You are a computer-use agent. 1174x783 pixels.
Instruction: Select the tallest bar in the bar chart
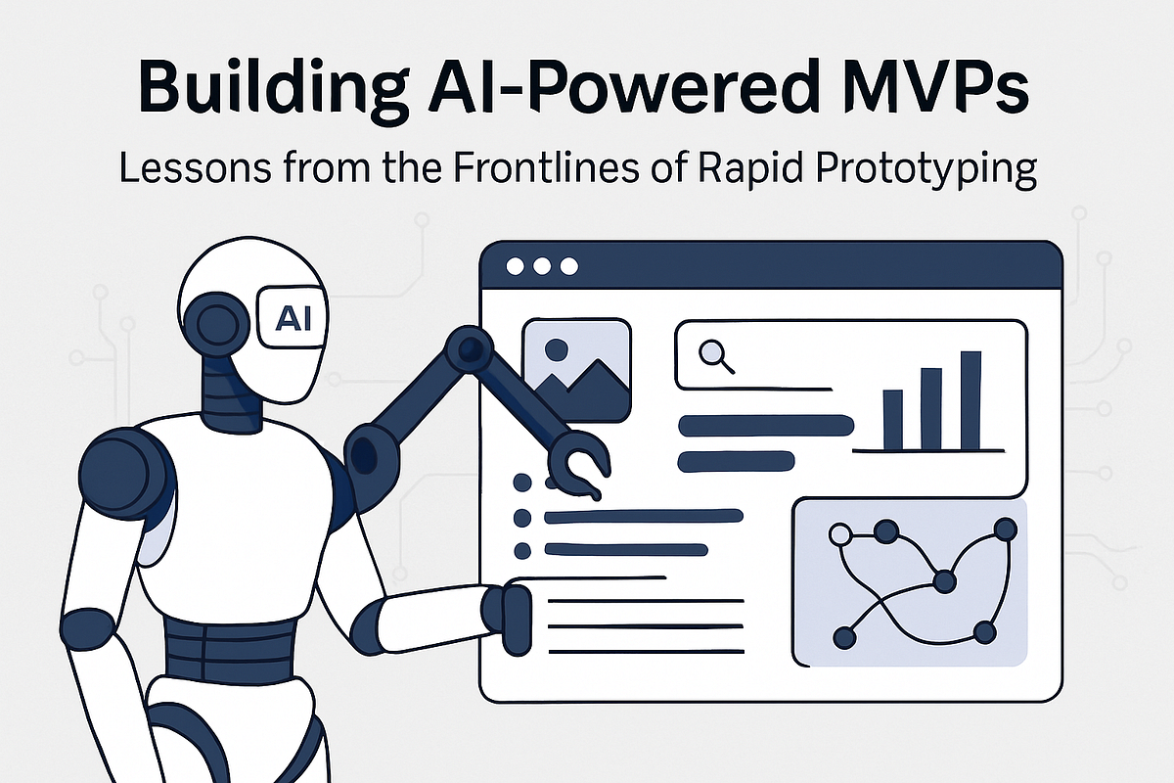click(971, 399)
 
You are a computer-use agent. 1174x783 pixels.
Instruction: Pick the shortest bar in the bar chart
click(892, 419)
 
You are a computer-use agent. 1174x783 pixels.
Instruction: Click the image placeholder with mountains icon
click(576, 370)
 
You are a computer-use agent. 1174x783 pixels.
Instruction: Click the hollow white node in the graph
click(839, 534)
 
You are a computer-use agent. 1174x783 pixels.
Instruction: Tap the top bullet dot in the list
click(522, 483)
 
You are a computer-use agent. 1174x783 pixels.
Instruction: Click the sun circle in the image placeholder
click(557, 349)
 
